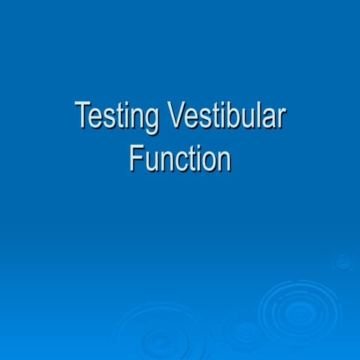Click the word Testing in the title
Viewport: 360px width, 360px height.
tap(118, 117)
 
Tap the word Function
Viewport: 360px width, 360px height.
tap(179, 158)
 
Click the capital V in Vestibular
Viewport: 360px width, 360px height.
tap(176, 116)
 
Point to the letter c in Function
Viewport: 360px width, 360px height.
tap(177, 161)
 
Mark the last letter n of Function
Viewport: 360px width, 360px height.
tap(223, 161)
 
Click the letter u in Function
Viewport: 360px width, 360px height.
tap(149, 161)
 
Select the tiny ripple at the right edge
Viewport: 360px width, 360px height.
tap(343, 262)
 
